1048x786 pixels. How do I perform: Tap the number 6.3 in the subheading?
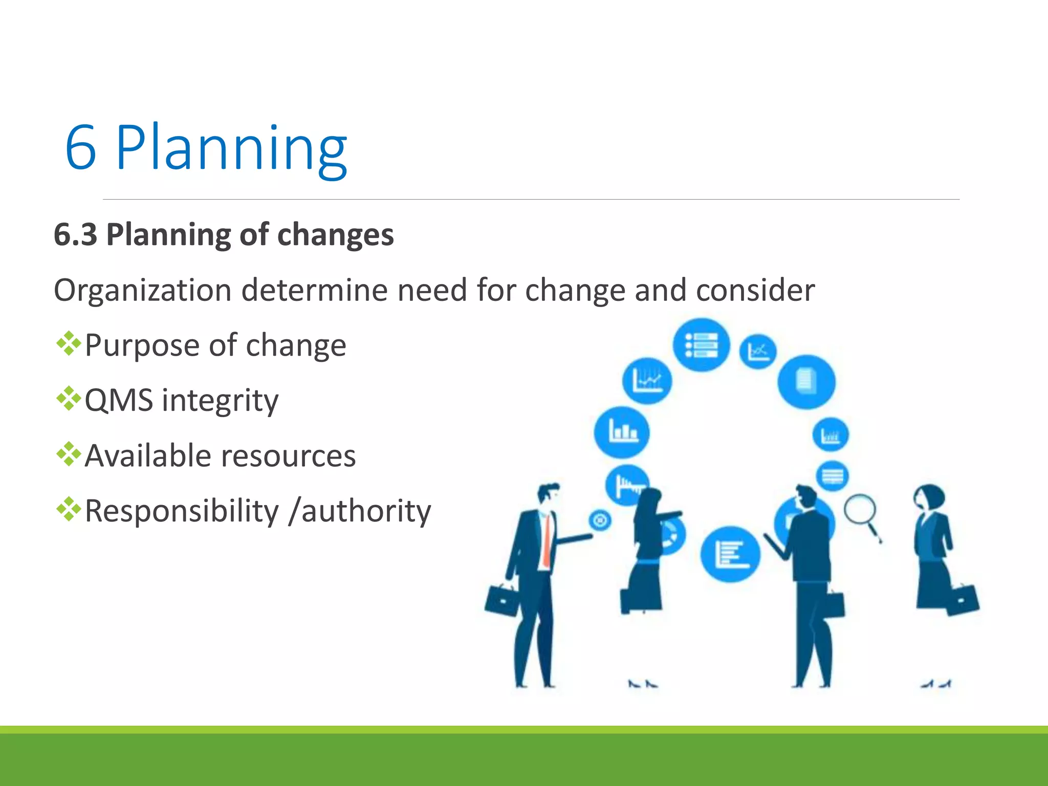tap(76, 235)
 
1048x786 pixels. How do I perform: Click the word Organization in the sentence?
tap(143, 291)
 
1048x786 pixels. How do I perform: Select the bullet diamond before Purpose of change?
tap(69, 344)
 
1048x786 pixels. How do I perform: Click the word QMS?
tap(119, 400)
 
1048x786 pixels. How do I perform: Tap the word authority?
tap(366, 511)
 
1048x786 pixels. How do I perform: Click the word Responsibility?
tap(182, 511)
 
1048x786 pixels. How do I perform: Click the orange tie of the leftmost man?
tap(547, 542)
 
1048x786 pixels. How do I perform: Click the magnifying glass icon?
tap(860, 512)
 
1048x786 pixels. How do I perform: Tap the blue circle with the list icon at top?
tap(701, 345)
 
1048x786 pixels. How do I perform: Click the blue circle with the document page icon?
tap(806, 382)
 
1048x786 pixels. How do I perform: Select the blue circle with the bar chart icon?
tap(622, 432)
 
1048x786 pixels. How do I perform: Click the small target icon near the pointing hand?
tap(600, 520)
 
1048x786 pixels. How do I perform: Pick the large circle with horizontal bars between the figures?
tap(730, 554)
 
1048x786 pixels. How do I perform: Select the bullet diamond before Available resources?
tap(69, 454)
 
